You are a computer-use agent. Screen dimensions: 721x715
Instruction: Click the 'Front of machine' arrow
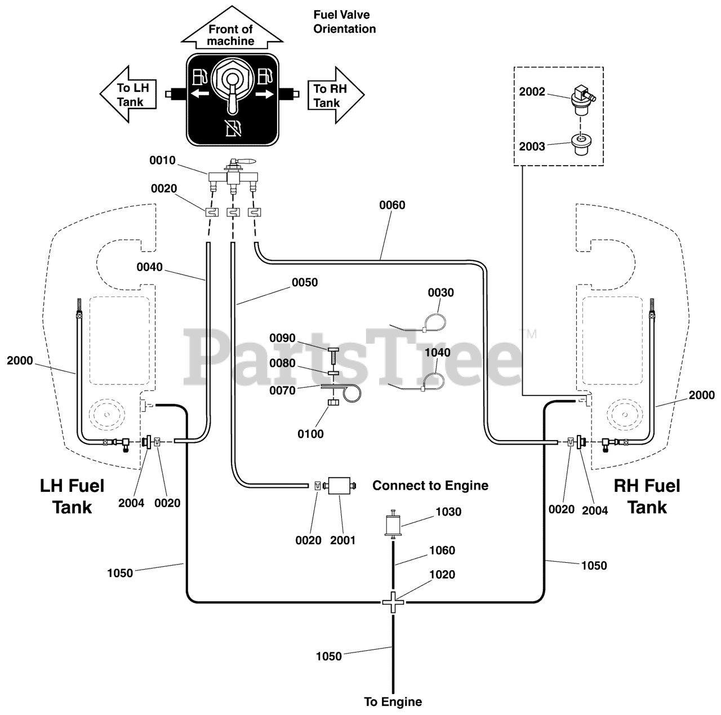232,28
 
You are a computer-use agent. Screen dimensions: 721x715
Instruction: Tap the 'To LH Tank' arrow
128,94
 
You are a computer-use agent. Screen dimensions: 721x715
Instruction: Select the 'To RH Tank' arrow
336,95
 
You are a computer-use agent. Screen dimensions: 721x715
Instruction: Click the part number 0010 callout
162,160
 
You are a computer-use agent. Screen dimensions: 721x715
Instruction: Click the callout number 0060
392,205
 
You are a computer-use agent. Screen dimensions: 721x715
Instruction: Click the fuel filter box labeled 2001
339,486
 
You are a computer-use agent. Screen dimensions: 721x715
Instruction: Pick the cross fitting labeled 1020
393,602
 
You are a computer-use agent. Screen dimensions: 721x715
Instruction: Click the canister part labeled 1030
393,525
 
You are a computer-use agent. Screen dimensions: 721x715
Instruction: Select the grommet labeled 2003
580,145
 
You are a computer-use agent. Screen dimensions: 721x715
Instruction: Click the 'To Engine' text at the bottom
393,701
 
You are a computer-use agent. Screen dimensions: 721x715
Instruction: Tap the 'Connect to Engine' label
430,486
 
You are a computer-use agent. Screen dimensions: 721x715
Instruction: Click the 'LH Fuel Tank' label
72,496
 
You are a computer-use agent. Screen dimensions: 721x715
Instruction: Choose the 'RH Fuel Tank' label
647,496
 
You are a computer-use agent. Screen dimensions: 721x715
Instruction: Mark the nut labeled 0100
333,402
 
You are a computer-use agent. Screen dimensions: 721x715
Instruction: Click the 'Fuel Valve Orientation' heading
344,22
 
